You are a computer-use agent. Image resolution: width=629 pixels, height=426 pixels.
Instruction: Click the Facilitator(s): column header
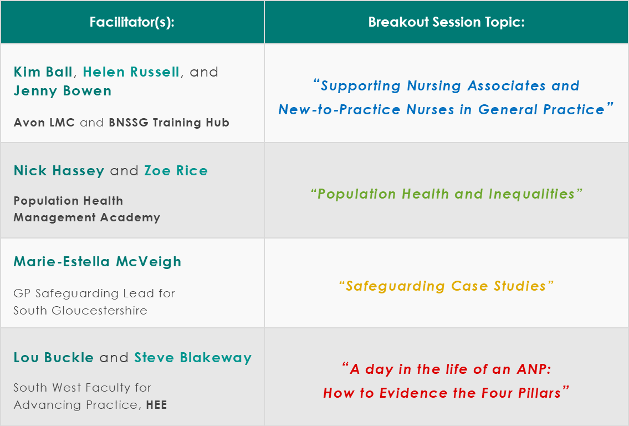tap(132, 22)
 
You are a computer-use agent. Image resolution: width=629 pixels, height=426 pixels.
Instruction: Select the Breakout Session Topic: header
tap(447, 22)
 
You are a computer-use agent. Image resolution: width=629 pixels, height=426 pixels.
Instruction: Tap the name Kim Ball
tap(43, 72)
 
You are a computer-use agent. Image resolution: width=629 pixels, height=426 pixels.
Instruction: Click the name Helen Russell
tap(131, 72)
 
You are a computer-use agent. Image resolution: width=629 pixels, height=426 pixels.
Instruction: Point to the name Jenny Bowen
tap(63, 91)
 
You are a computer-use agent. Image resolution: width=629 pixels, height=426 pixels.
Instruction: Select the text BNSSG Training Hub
tap(169, 123)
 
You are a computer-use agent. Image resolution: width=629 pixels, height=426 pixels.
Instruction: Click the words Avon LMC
tap(44, 123)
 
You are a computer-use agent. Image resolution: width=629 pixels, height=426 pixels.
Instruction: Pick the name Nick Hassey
tap(59, 171)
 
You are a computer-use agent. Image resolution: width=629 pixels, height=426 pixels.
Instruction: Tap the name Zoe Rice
tap(176, 171)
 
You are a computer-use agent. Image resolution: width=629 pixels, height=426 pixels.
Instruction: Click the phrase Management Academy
tap(87, 217)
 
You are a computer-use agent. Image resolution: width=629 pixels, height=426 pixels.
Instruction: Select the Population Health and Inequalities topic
tap(447, 194)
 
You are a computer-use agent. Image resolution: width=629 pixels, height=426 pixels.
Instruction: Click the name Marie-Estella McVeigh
tap(98, 262)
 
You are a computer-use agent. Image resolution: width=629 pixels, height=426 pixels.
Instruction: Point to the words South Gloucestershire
tap(80, 311)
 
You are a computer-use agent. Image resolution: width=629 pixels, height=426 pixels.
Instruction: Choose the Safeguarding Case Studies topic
tap(447, 286)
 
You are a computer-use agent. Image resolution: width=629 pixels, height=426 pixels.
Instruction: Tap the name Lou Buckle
tap(54, 357)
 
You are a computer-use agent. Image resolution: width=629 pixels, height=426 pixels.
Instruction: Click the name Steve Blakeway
tap(193, 358)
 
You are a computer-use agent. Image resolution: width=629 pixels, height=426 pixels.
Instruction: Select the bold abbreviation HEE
tap(156, 405)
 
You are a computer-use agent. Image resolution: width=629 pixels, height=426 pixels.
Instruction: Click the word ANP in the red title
tap(534, 369)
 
